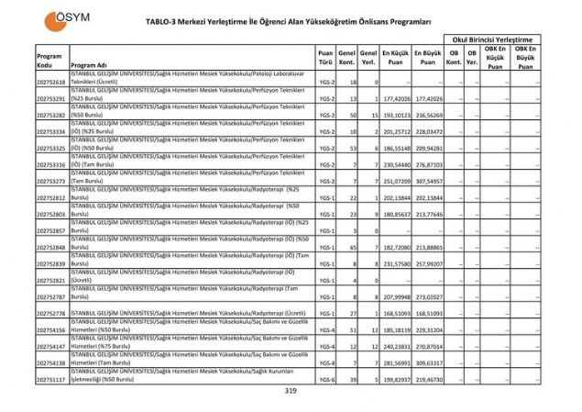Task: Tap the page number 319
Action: pos(291,392)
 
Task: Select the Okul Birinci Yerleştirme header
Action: pos(491,40)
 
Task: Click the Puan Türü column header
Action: pos(325,60)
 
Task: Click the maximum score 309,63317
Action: pos(427,363)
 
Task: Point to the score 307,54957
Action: pos(427,182)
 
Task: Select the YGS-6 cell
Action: pos(325,380)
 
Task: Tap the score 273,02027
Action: pos(427,297)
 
